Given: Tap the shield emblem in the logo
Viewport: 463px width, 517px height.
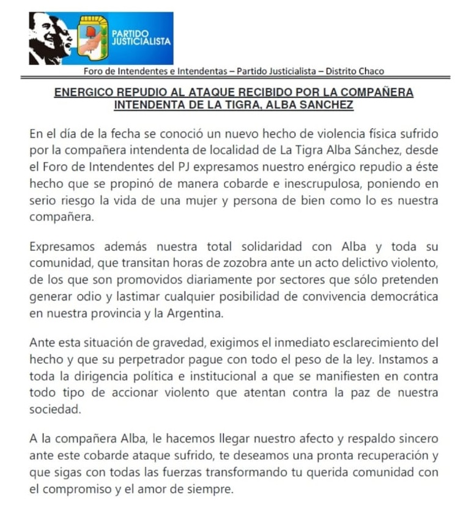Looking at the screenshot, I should point(94,39).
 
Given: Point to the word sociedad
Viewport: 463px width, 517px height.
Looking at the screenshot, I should point(55,409).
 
